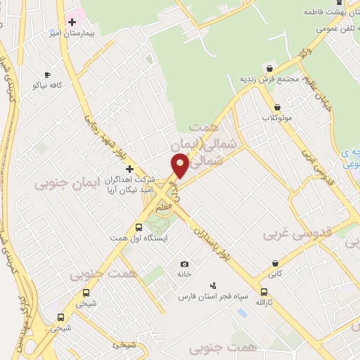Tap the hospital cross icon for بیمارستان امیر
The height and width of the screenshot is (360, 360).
pos(72,22)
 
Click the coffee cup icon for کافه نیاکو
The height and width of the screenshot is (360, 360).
pos(47,75)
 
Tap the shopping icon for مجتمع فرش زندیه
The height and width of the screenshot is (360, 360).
pos(269,68)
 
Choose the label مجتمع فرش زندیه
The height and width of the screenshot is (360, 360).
pos(269,79)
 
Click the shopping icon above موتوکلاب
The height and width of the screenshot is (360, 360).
pos(278,107)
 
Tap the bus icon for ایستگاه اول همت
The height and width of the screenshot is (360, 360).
pos(139,227)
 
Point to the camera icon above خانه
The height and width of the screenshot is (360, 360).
pos(184,263)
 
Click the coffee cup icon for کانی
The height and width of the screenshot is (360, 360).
pos(274,264)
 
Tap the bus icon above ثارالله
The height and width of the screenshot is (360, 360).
pos(264,292)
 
